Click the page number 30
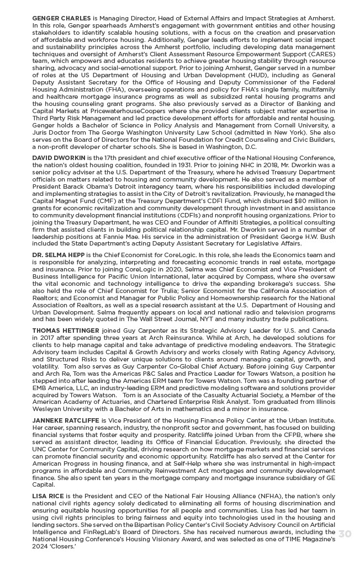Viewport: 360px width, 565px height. (x=345, y=534)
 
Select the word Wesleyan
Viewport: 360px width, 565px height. (x=49, y=409)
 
